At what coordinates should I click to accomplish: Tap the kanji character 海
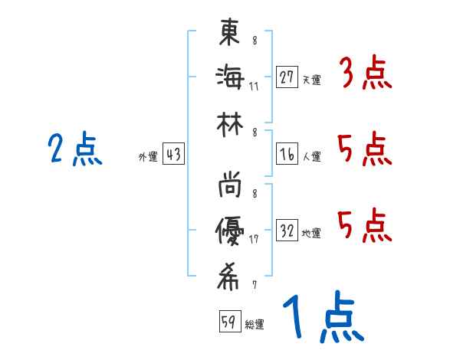pos(229,77)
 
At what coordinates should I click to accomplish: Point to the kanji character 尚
pos(229,187)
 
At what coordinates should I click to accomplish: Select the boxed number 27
pos(287,77)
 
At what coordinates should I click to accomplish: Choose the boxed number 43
pos(173,155)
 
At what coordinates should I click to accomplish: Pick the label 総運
pos(255,324)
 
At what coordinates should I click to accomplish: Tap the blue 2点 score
pos(75,149)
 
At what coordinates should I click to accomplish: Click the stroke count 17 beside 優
pos(254,239)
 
